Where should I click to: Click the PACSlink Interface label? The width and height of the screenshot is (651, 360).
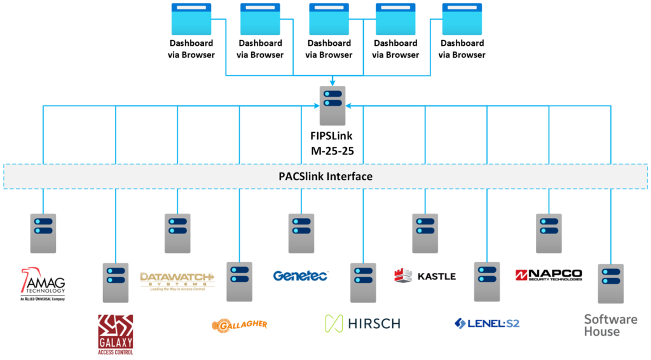coord(325,176)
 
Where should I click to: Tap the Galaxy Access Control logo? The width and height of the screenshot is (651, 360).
coord(115,334)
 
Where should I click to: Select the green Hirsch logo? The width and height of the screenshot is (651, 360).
coord(362,323)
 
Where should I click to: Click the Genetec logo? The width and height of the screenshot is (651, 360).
coord(301,275)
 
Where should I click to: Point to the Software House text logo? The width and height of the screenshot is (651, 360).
coord(610,324)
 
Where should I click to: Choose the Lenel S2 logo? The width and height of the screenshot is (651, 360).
coord(487,323)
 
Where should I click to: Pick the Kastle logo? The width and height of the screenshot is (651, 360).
coord(425,275)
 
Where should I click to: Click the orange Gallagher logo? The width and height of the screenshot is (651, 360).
coord(239,325)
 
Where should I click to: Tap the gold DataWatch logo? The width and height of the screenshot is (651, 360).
coord(177,280)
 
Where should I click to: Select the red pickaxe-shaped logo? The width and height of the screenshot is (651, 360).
coord(29,279)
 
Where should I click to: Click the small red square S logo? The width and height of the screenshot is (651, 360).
coord(521,275)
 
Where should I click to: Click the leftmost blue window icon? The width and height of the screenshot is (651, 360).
coord(191,19)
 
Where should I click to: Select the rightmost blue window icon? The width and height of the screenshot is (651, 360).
coord(462,19)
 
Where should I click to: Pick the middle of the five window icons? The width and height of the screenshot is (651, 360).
coord(329,19)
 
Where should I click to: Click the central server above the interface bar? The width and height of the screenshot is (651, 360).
coord(332,106)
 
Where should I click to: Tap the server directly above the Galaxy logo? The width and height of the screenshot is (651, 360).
coord(115,282)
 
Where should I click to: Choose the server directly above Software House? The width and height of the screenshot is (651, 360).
coord(610,283)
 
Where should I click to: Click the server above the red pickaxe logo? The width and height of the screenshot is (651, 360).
coord(43,233)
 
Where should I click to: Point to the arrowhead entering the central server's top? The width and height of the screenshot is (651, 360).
coord(332,82)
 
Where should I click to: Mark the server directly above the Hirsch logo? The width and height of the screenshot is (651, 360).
coord(363,282)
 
